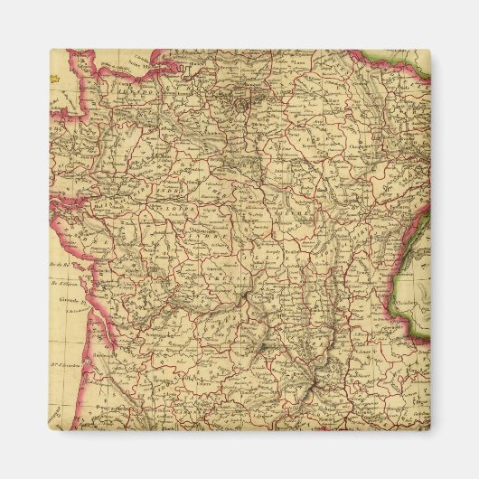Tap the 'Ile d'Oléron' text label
[63, 282]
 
